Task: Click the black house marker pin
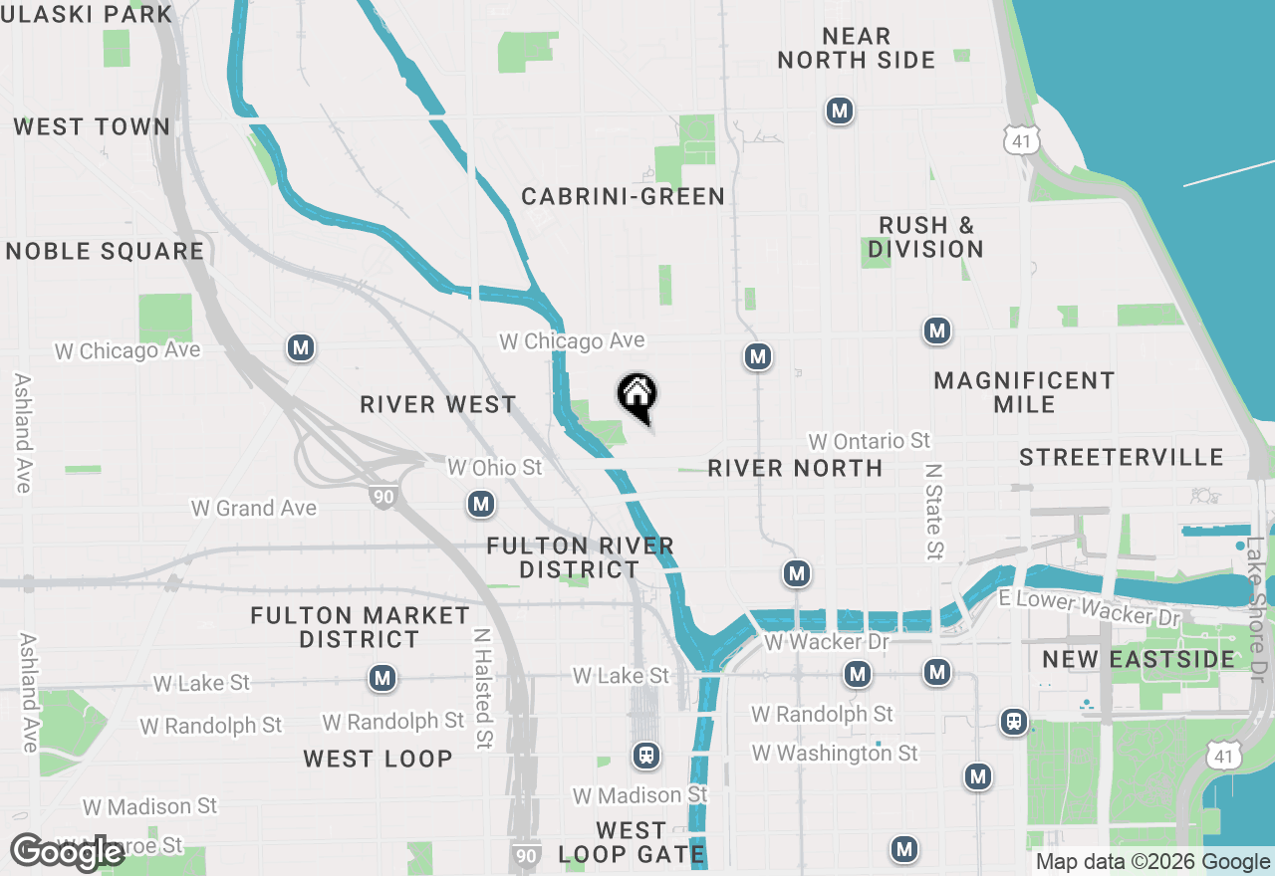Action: (637, 397)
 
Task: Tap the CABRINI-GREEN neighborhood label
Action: (624, 196)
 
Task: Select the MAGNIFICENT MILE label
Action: (1024, 392)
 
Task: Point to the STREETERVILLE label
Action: (1122, 457)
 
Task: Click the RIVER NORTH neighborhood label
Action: (795, 468)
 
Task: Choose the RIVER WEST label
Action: (438, 404)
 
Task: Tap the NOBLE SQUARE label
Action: (105, 251)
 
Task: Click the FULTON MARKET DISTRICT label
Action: (360, 627)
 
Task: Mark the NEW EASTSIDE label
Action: (1139, 659)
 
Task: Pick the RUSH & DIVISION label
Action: (925, 237)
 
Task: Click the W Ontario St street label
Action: (870, 440)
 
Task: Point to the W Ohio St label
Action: (495, 467)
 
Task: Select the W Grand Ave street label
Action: (254, 508)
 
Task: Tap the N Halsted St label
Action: (483, 689)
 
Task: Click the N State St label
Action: (933, 510)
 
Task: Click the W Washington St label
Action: (835, 754)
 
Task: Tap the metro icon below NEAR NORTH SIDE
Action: (840, 110)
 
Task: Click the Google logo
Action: (67, 852)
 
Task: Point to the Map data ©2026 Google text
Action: (1153, 862)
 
